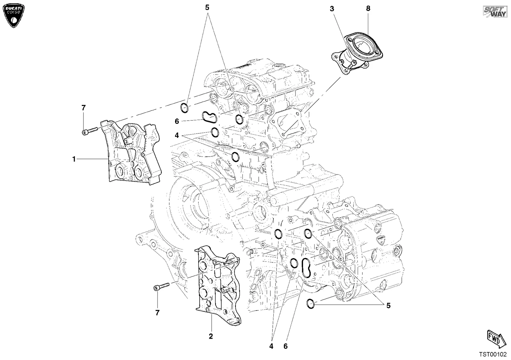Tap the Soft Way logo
[x=495, y=11]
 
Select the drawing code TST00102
[x=492, y=355]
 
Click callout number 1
[x=74, y=159]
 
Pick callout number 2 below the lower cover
[x=211, y=336]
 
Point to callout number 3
[x=332, y=9]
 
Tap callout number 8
[x=368, y=8]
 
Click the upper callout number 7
[x=83, y=108]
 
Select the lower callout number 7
[x=157, y=313]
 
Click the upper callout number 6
[x=177, y=121]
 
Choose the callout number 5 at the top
[x=207, y=8]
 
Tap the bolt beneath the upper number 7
[x=90, y=131]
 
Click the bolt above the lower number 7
[x=162, y=286]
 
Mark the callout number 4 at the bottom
[x=271, y=346]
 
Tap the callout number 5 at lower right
[x=388, y=305]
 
